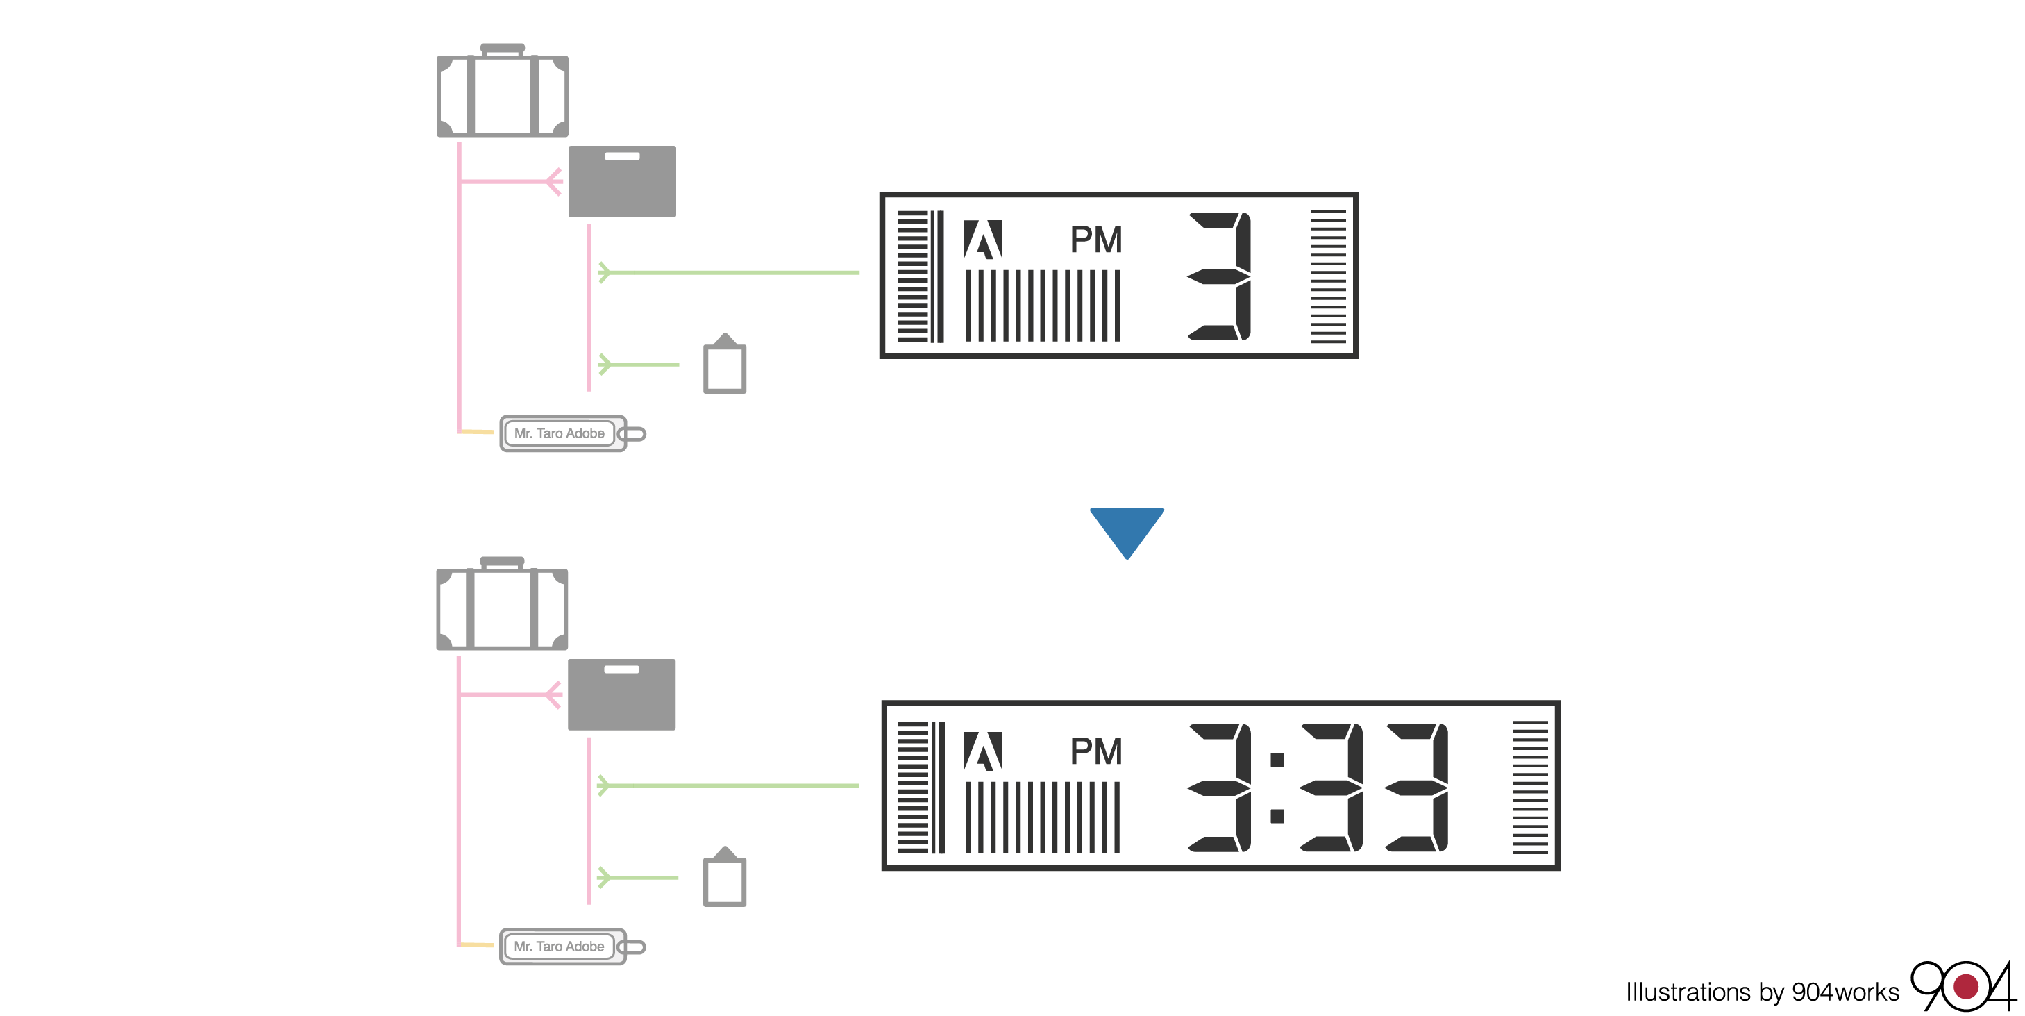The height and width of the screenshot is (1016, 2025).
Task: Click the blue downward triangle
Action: (x=1127, y=529)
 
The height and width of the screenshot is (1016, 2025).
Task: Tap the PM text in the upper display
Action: (x=1096, y=239)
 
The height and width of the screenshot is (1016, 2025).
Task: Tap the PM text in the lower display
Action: (x=1096, y=751)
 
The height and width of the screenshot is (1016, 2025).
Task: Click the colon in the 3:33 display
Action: (x=1277, y=787)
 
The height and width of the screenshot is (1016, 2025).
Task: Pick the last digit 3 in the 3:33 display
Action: (x=1418, y=787)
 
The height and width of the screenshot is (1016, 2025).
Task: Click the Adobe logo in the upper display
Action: (x=982, y=239)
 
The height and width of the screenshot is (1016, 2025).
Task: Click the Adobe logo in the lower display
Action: (x=982, y=751)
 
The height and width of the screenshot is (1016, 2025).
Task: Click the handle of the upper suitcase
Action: (x=503, y=49)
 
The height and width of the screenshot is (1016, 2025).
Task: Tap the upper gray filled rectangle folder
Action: (x=622, y=182)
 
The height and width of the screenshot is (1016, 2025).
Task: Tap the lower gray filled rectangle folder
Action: (x=622, y=695)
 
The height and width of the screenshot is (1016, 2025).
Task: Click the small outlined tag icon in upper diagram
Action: (x=725, y=366)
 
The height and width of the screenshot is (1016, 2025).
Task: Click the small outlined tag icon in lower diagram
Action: (x=725, y=878)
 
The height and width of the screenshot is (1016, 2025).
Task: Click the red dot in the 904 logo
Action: (x=1965, y=986)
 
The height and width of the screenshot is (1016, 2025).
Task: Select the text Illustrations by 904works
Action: (x=1762, y=992)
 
